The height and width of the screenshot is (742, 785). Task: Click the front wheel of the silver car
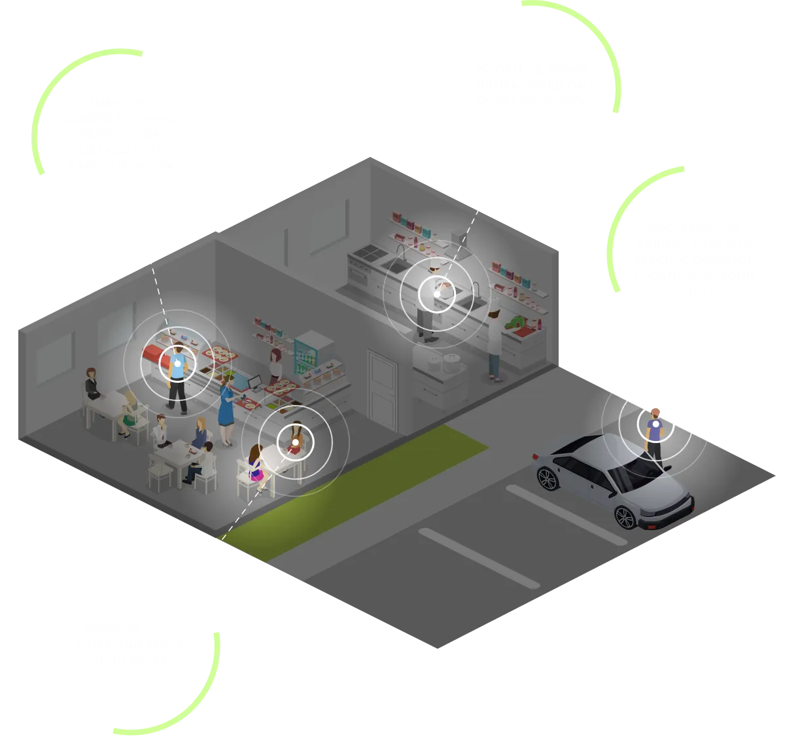tap(625, 516)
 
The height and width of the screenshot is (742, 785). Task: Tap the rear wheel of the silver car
tap(547, 477)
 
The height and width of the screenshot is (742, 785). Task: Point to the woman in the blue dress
tap(226, 409)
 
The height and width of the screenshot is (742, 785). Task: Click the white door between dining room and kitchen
tap(382, 389)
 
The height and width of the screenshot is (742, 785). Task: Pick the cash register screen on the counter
tap(256, 380)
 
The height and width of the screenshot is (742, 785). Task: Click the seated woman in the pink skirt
tap(256, 465)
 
